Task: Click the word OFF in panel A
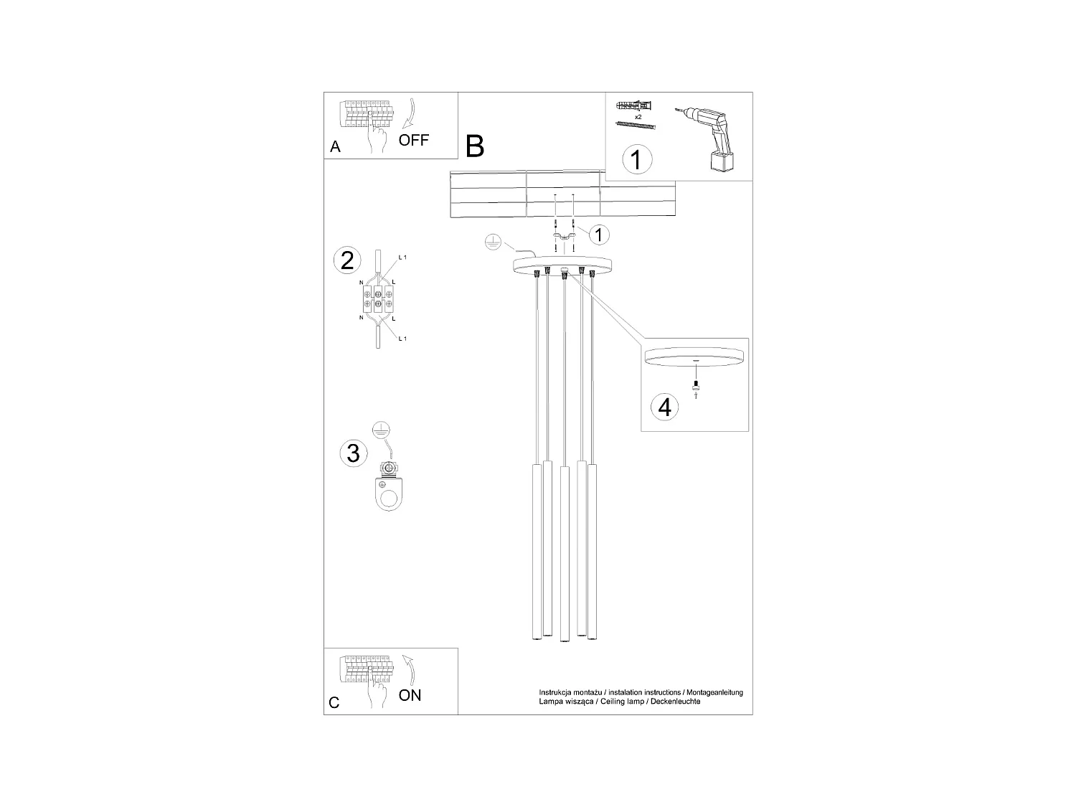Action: [x=414, y=140]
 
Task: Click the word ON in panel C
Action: [x=410, y=694]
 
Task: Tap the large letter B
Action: [x=475, y=146]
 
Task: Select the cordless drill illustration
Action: [x=708, y=138]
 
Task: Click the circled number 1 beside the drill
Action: [x=636, y=159]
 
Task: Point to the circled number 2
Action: [x=347, y=260]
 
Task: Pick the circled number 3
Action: [x=352, y=453]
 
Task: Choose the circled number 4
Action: [x=664, y=407]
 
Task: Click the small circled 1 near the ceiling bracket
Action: [x=600, y=234]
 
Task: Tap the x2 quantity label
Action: [x=638, y=115]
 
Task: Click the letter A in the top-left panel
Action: [x=335, y=147]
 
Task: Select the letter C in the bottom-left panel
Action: [x=334, y=703]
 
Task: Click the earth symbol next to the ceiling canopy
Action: [x=492, y=244]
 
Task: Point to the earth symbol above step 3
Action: [x=382, y=429]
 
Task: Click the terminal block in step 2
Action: [x=379, y=302]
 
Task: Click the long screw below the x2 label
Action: [x=636, y=125]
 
